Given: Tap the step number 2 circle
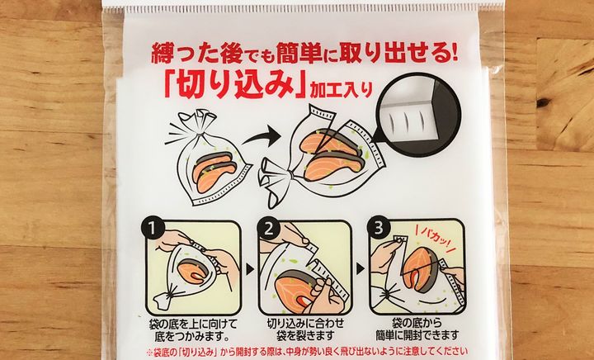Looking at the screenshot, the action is click(269, 229).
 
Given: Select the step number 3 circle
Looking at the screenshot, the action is click(379, 229).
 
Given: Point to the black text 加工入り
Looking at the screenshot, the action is click(341, 89).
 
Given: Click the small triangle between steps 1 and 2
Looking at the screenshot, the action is click(250, 269).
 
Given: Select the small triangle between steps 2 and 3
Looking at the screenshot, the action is click(361, 269).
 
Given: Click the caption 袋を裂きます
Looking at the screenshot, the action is click(306, 335).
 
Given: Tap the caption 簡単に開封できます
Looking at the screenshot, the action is click(417, 335).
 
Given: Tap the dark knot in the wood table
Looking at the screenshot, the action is click(543, 102).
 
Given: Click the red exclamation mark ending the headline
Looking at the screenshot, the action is click(454, 54).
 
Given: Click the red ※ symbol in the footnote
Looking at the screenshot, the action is click(149, 352).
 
